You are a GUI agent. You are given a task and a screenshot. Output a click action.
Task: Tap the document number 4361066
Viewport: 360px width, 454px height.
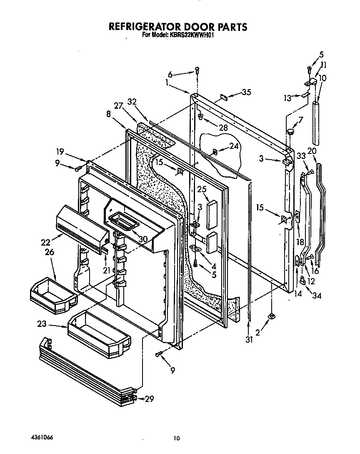point(42,438)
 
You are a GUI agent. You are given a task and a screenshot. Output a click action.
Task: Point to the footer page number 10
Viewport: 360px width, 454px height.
point(177,438)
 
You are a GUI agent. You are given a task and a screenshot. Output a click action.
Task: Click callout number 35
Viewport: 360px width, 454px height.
point(246,93)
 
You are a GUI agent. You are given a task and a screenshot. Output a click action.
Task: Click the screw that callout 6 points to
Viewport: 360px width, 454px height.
point(197,71)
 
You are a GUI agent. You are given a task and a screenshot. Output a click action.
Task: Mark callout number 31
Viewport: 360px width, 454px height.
point(249,339)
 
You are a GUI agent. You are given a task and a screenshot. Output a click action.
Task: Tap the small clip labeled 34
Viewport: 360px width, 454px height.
point(303,282)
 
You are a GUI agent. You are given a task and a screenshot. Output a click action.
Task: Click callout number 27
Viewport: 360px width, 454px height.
point(118,106)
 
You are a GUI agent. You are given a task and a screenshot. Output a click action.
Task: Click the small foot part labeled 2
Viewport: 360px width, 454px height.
point(271,316)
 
